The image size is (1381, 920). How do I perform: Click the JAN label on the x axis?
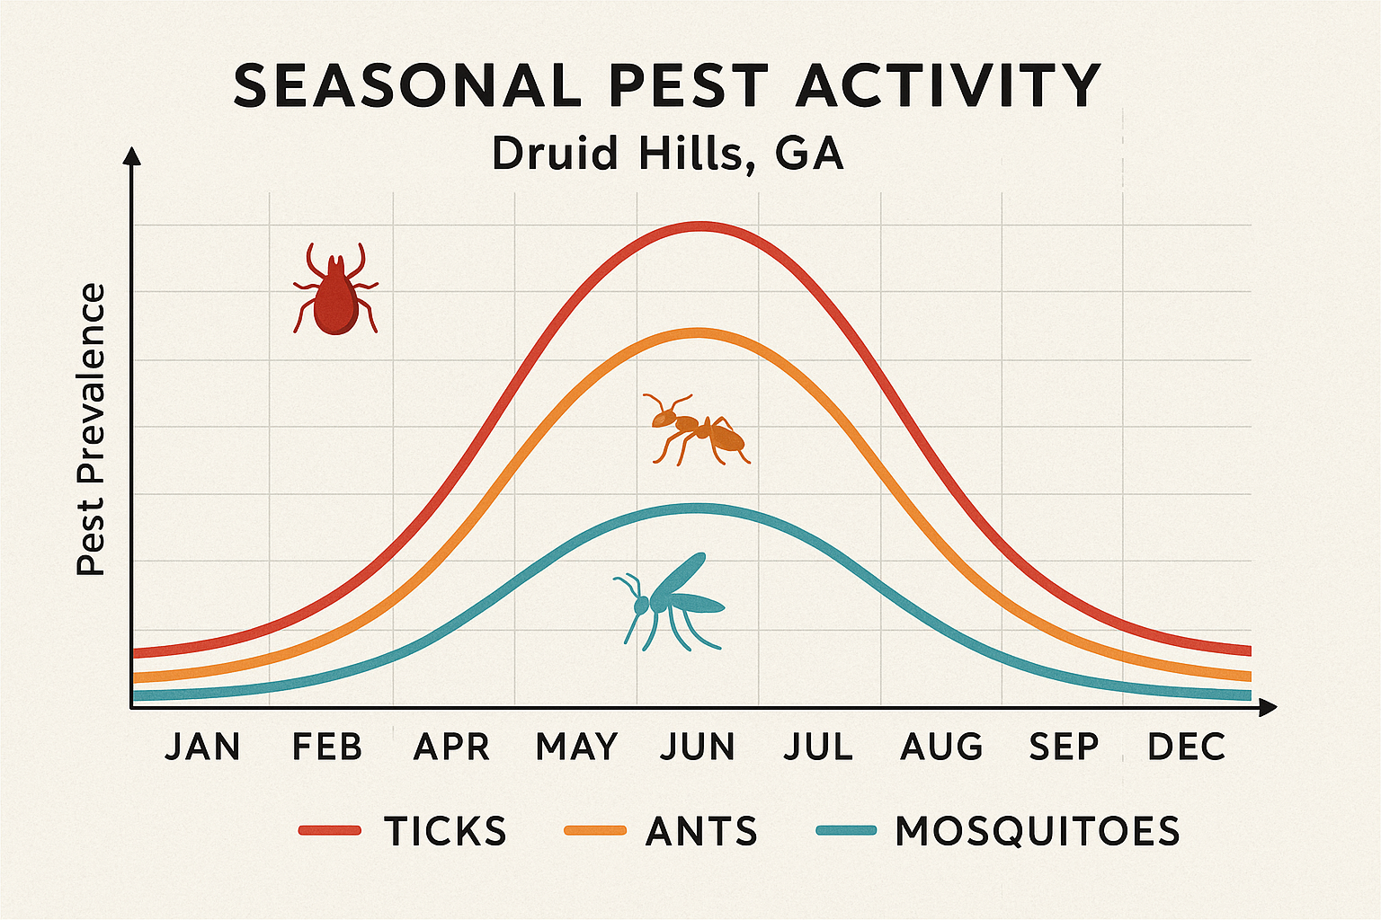pyautogui.click(x=202, y=747)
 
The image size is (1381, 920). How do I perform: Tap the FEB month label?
pyautogui.click(x=327, y=747)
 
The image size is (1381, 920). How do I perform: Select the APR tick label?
pyautogui.click(x=451, y=747)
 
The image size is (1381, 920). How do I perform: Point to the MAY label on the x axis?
pyautogui.click(x=576, y=747)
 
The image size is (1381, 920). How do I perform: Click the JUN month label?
pyautogui.click(x=698, y=747)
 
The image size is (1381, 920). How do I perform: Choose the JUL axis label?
pyautogui.click(x=818, y=747)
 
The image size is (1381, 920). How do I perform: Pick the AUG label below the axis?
pyautogui.click(x=942, y=747)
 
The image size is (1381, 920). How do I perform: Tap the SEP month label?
pyautogui.click(x=1065, y=747)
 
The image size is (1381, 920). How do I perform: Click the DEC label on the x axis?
pyautogui.click(x=1187, y=747)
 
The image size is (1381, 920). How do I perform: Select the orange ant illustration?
pyautogui.click(x=698, y=429)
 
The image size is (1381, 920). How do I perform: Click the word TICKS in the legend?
pyautogui.click(x=446, y=831)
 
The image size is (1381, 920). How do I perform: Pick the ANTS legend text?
pyautogui.click(x=702, y=831)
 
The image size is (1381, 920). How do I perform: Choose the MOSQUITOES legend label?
pyautogui.click(x=1038, y=831)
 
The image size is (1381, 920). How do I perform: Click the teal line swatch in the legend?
pyautogui.click(x=846, y=831)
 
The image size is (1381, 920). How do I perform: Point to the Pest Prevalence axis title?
pyautogui.click(x=91, y=429)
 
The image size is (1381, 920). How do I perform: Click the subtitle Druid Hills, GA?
pyautogui.click(x=667, y=154)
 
